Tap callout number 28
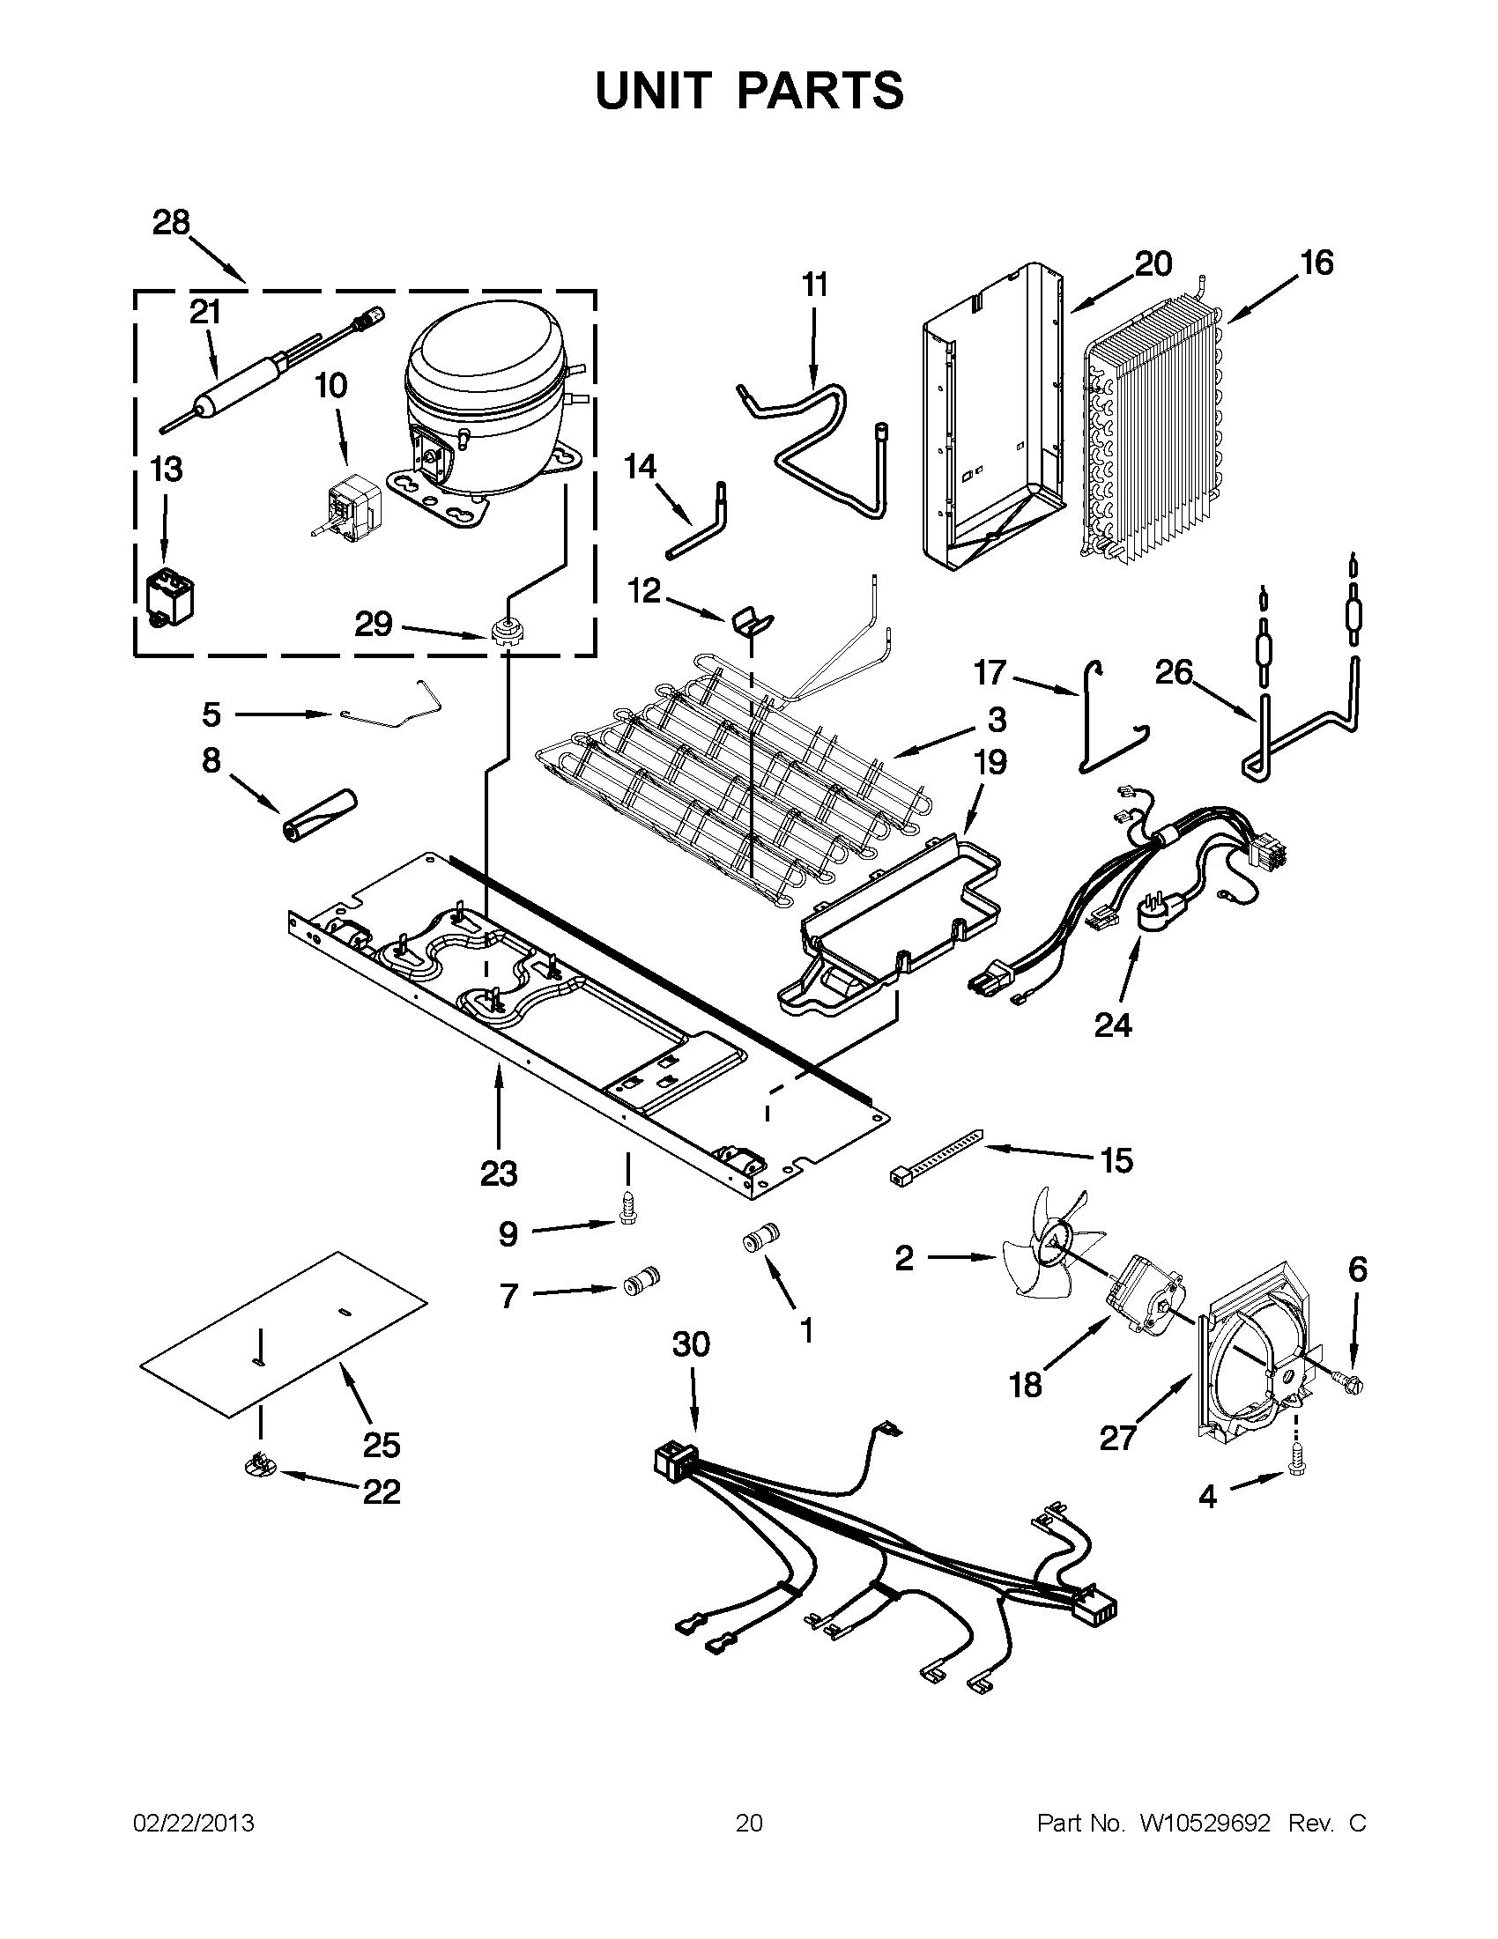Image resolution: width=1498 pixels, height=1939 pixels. pyautogui.click(x=171, y=223)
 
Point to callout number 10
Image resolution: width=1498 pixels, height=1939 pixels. pyautogui.click(x=330, y=386)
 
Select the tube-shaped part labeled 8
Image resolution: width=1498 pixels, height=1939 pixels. pyautogui.click(x=318, y=812)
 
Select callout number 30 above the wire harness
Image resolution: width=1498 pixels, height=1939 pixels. pyautogui.click(x=691, y=1345)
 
